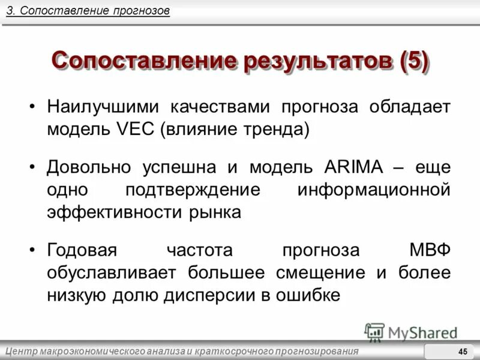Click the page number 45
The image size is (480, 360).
[463, 352]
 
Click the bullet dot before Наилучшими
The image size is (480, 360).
[32, 108]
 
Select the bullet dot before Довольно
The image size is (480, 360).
[32, 168]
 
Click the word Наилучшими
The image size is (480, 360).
[103, 107]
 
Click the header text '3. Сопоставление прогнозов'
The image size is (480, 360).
[88, 11]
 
